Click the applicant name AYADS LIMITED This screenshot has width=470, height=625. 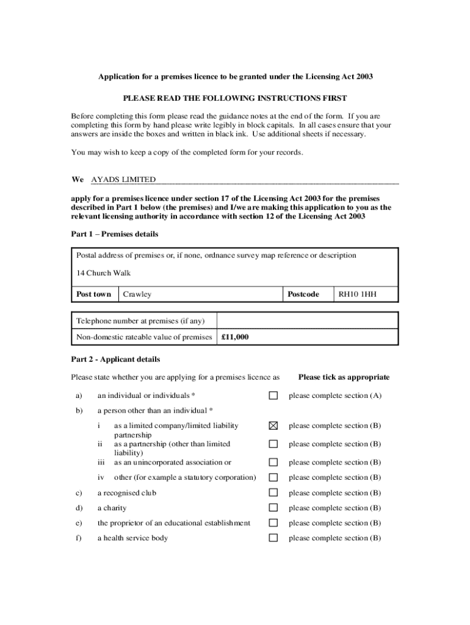coord(123,179)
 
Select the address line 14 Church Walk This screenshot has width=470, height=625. coord(103,273)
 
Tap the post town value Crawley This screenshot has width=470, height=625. coord(137,294)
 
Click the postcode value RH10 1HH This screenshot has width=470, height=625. coord(358,294)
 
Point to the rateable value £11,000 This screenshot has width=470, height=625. coord(235,337)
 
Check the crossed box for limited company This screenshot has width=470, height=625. coord(273,426)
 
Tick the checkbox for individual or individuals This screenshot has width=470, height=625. coord(273,396)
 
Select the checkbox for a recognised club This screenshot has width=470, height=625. coord(273,493)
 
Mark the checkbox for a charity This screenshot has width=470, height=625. coord(273,508)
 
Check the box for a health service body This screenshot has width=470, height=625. coord(273,538)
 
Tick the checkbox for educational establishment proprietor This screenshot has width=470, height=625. coord(273,523)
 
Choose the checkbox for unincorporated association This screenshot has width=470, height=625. coord(273,462)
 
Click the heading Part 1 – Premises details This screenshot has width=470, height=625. coord(115,234)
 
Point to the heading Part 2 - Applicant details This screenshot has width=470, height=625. coord(115,359)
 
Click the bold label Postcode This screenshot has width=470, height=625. coord(303,294)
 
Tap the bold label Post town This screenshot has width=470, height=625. coord(94,294)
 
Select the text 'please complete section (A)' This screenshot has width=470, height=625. coord(335,396)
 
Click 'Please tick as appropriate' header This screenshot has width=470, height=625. coord(344,377)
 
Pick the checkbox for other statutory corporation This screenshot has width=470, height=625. coord(273,477)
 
